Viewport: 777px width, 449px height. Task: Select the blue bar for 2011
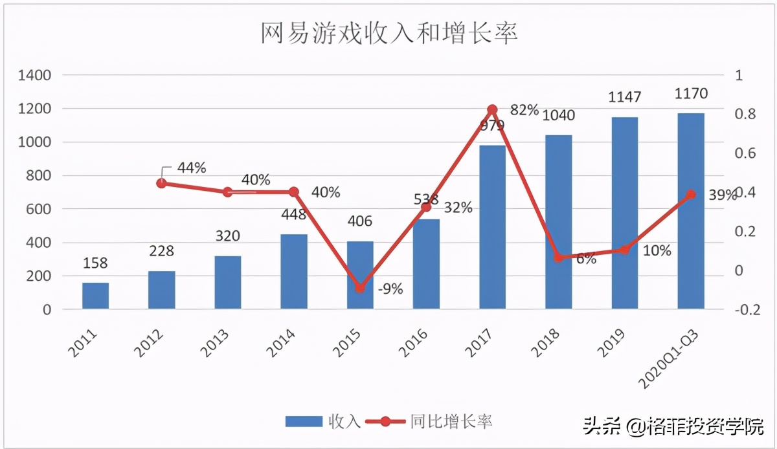[x=95, y=296]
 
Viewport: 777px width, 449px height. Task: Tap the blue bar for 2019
[x=624, y=214]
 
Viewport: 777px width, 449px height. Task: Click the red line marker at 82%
[x=492, y=110]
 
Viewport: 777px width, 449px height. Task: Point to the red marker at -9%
[x=360, y=288]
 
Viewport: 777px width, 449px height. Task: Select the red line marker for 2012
[x=161, y=184]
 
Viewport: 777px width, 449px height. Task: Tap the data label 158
[x=95, y=263]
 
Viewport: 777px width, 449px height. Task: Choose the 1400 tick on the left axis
[x=34, y=76]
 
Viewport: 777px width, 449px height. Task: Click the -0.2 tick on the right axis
[x=747, y=310]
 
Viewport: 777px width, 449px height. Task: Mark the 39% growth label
[x=722, y=195]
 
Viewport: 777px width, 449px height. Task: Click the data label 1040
[x=559, y=115]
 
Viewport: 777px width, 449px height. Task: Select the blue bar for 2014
[x=294, y=271]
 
